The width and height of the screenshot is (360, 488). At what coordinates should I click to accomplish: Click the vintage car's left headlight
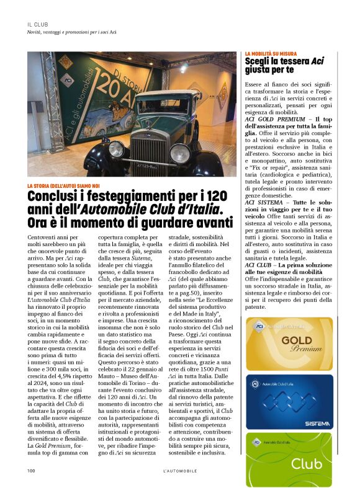click(116, 149)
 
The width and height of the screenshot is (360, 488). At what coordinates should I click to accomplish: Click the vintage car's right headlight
click(179, 151)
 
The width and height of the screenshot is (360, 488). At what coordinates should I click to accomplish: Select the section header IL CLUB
click(38, 24)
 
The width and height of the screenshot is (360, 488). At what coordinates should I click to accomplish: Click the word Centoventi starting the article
click(45, 237)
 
